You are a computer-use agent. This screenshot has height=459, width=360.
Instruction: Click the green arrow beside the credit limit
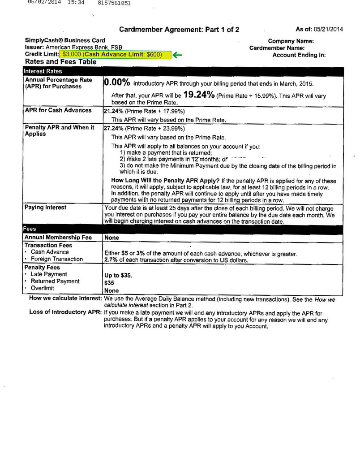pyautogui.click(x=178, y=55)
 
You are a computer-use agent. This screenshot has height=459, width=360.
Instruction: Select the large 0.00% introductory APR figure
pyautogui.click(x=117, y=82)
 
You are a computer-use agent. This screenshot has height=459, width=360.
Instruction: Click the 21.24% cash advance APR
pyautogui.click(x=113, y=111)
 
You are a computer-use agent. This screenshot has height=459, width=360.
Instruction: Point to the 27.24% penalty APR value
pyautogui.click(x=113, y=128)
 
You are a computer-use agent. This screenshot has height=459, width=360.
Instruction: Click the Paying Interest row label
pyautogui.click(x=45, y=208)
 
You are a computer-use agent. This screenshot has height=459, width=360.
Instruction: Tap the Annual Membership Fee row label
pyautogui.click(x=58, y=237)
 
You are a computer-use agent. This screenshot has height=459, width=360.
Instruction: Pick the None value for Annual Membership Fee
pyautogui.click(x=111, y=238)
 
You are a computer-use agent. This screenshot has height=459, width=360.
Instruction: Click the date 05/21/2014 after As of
pyautogui.click(x=328, y=30)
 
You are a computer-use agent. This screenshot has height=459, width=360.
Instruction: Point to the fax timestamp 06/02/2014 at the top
pyautogui.click(x=44, y=3)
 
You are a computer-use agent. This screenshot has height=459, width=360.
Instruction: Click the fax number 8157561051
pyautogui.click(x=114, y=3)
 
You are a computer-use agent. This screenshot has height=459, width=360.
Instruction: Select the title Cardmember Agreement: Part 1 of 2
pyautogui.click(x=179, y=30)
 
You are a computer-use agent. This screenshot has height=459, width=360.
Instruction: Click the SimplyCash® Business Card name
pyautogui.click(x=65, y=40)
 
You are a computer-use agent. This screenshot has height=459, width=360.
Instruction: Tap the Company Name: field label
pyautogui.click(x=291, y=41)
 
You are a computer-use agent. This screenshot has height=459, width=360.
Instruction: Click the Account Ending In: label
pyautogui.click(x=299, y=55)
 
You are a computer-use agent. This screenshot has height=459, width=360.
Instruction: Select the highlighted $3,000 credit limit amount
pyautogui.click(x=72, y=55)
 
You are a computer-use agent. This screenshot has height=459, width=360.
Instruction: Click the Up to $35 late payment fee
pyautogui.click(x=118, y=275)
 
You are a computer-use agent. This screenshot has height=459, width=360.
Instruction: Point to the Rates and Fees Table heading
pyautogui.click(x=61, y=62)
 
